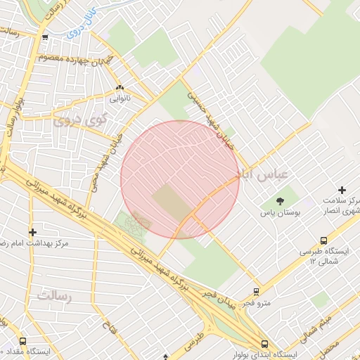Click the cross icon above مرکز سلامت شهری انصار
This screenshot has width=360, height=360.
point(342,190)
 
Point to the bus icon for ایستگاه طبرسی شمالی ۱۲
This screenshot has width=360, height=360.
point(323,240)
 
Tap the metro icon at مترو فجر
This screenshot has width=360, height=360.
point(257,291)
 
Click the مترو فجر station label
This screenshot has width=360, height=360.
point(256,303)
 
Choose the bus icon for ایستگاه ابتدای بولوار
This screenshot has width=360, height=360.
point(264,345)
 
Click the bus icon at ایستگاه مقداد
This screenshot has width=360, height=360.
point(23,342)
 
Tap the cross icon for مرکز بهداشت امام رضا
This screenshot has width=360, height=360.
point(32,231)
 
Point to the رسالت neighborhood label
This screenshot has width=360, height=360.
point(55,296)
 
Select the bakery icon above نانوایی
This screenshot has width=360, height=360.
point(120,89)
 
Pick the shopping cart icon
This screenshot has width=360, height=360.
point(46,38)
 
